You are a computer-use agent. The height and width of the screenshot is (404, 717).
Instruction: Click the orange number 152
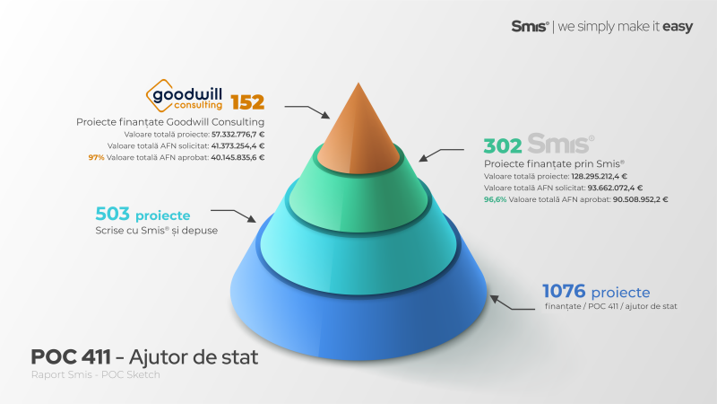pyautogui.click(x=247, y=101)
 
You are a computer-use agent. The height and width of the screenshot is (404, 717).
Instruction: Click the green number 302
pyautogui.click(x=503, y=145)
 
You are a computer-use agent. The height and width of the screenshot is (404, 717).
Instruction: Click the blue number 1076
pyautogui.click(x=563, y=292)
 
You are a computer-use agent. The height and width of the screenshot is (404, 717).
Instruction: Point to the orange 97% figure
pyautogui.click(x=96, y=157)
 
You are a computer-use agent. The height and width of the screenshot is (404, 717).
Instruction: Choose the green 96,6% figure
pyautogui.click(x=496, y=199)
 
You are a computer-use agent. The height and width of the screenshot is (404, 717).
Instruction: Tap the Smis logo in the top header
pyautogui.click(x=530, y=27)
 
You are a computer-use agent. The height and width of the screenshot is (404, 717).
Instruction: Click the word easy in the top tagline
pyautogui.click(x=677, y=27)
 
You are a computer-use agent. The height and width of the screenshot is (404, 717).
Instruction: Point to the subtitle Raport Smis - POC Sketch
pyautogui.click(x=95, y=374)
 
